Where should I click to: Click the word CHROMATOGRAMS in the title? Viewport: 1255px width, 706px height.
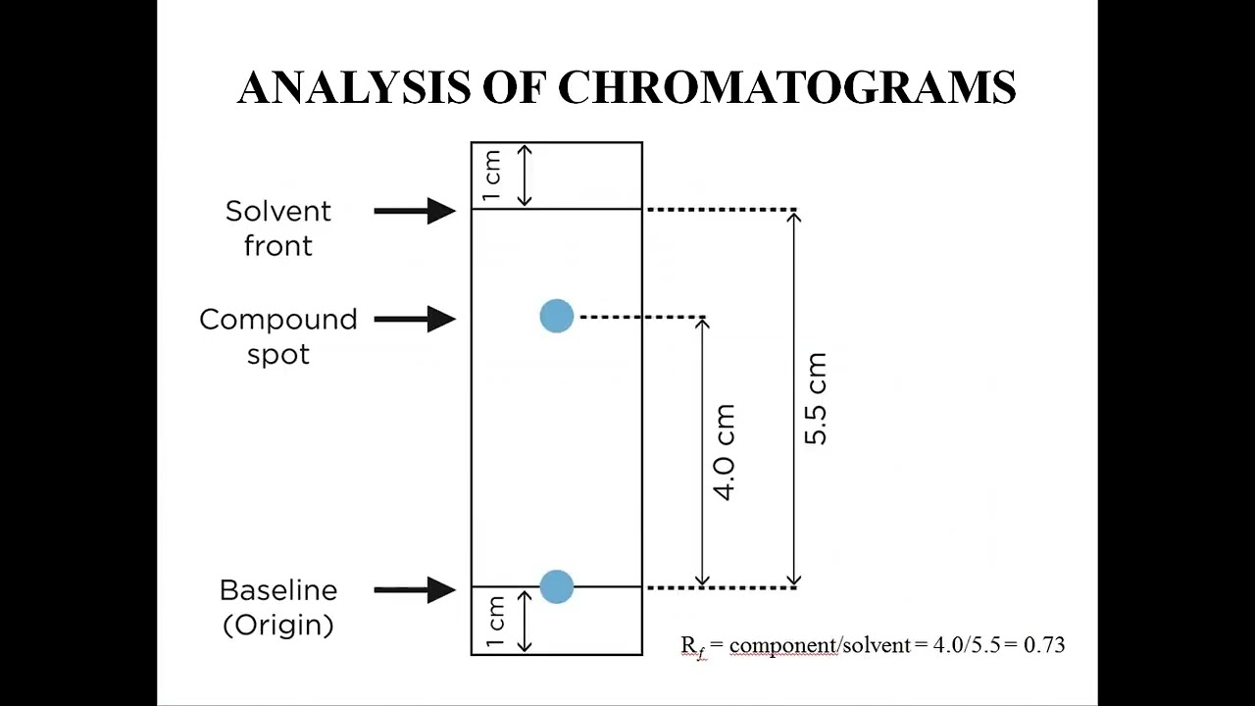click(x=787, y=87)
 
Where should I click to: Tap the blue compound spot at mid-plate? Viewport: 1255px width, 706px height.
click(x=556, y=316)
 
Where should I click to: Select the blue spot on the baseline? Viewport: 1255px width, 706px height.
click(x=556, y=586)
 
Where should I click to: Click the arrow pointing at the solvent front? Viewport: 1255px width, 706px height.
click(x=415, y=210)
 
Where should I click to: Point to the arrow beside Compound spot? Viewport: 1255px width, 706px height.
click(x=415, y=319)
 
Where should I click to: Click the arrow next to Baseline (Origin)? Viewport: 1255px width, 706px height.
click(x=415, y=589)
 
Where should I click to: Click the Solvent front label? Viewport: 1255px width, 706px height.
click(x=278, y=227)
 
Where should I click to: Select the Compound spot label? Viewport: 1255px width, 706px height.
click(x=278, y=336)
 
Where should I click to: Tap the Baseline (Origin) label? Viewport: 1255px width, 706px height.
click(x=278, y=607)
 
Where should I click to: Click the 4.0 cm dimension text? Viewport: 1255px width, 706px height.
click(x=725, y=451)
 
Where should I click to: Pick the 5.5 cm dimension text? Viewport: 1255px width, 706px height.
click(x=816, y=398)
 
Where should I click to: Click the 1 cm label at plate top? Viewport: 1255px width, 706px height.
click(x=493, y=176)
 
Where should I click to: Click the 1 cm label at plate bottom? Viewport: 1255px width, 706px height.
click(x=495, y=622)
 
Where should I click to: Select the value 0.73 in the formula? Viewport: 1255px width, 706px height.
click(x=1044, y=645)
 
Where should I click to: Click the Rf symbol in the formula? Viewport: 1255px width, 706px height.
click(x=692, y=646)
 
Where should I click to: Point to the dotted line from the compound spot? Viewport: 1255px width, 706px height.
click(x=642, y=317)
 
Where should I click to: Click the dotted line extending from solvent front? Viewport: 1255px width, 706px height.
click(x=722, y=210)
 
